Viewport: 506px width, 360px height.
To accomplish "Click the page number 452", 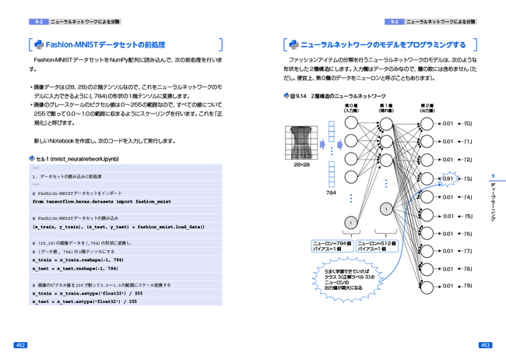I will pyautogui.click(x=21, y=344).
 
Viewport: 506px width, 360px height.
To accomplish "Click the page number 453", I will pyautogui.click(x=484, y=344).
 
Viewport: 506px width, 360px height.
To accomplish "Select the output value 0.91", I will pyautogui.click(x=448, y=178).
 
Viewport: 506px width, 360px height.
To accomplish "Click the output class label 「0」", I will pyautogui.click(x=469, y=123).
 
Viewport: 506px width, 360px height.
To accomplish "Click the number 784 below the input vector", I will pyautogui.click(x=331, y=192).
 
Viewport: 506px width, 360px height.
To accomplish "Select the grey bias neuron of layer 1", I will pyautogui.click(x=387, y=209).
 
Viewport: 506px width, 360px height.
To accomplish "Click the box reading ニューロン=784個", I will pyautogui.click(x=333, y=245).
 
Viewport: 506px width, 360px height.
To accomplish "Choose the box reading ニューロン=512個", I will pyautogui.click(x=378, y=245).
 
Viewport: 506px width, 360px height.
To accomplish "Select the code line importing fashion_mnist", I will pyautogui.click(x=101, y=201).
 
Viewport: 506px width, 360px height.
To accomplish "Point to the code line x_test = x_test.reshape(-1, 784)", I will pyautogui.click(x=78, y=268).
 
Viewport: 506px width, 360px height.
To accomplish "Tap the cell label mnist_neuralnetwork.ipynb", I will pyautogui.click(x=77, y=159).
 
